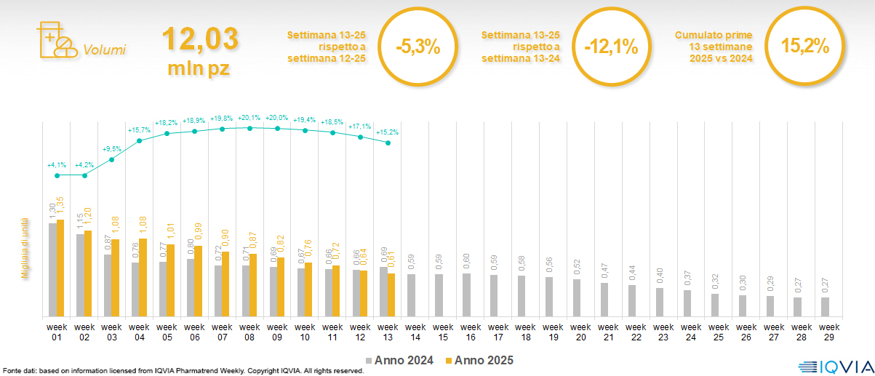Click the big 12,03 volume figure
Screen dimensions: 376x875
pyautogui.click(x=199, y=39)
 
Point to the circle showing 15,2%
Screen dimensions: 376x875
pyautogui.click(x=805, y=46)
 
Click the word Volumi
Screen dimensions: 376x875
pyautogui.click(x=104, y=50)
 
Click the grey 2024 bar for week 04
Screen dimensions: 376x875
pyautogui.click(x=135, y=289)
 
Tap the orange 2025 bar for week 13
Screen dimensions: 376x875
pyautogui.click(x=391, y=295)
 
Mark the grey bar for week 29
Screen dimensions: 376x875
pyautogui.click(x=825, y=307)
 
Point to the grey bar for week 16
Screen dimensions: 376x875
pyautogui.click(x=467, y=295)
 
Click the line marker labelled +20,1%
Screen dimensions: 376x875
pyautogui.click(x=250, y=128)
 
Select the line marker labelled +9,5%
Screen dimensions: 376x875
pyautogui.click(x=112, y=159)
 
